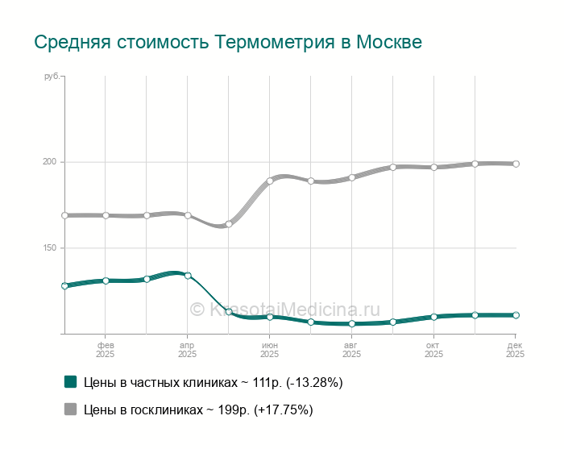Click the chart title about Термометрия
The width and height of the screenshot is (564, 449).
click(228, 42)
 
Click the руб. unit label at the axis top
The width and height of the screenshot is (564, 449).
click(52, 77)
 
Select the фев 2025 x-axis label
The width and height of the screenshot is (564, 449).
click(106, 349)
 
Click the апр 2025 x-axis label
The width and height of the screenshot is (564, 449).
click(187, 349)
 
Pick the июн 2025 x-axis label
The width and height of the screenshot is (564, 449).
click(269, 349)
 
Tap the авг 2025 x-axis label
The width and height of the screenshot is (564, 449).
click(351, 349)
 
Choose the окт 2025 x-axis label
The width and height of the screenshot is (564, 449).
click(433, 349)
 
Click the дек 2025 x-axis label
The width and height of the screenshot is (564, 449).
click(515, 349)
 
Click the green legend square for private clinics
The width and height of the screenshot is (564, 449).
click(71, 382)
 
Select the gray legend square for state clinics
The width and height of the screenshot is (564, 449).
click(71, 410)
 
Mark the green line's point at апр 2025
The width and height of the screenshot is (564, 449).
click(188, 276)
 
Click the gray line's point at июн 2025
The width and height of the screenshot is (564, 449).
click(270, 181)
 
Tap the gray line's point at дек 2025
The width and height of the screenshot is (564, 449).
click(516, 164)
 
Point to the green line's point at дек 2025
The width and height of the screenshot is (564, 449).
click(516, 315)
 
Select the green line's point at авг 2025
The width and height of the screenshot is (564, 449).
click(352, 324)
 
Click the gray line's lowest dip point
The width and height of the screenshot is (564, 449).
click(229, 224)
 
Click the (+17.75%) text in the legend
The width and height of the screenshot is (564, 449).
click(283, 410)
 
